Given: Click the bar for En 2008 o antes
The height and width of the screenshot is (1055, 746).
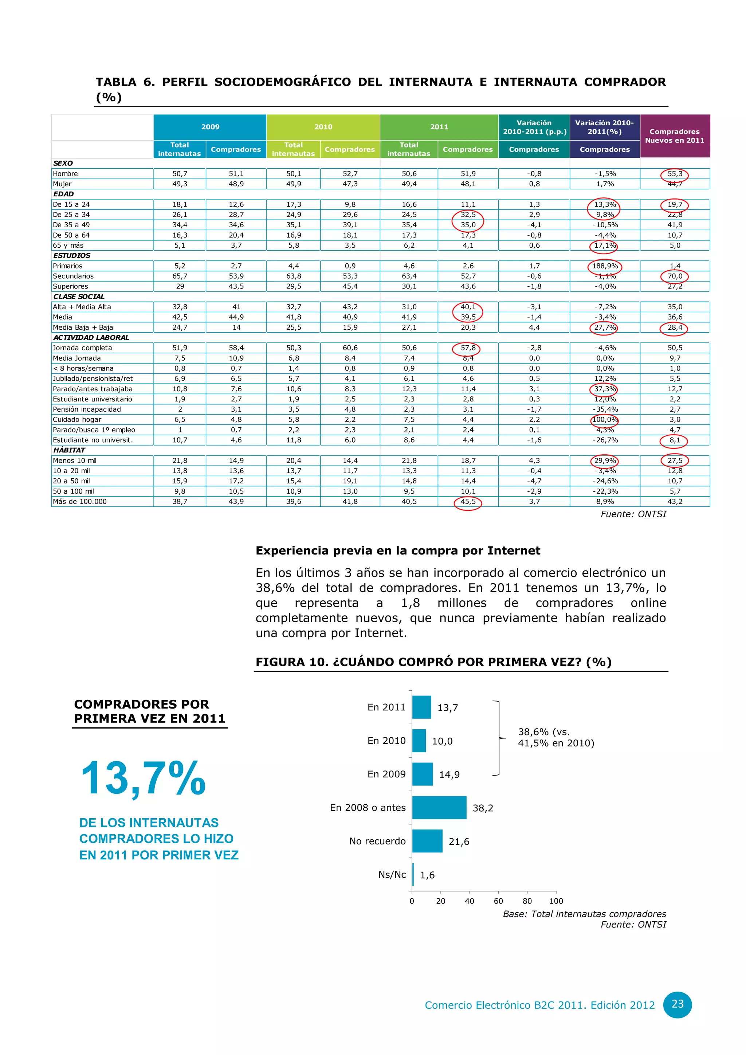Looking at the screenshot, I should [x=439, y=807].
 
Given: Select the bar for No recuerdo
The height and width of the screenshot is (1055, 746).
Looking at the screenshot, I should [x=427, y=841].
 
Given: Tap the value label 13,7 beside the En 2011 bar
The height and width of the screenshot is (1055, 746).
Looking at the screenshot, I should [x=447, y=707].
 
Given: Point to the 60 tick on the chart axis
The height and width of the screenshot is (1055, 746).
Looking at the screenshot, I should [x=498, y=901].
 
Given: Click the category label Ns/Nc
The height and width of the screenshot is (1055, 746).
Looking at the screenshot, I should [x=392, y=874].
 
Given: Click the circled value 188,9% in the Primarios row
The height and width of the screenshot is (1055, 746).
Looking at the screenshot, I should [x=605, y=266].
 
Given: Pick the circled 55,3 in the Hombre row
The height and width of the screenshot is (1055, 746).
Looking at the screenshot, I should [x=674, y=174].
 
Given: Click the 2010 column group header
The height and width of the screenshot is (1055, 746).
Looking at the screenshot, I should [x=323, y=127].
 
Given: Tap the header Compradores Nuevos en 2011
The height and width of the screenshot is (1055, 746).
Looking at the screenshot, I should [x=674, y=136].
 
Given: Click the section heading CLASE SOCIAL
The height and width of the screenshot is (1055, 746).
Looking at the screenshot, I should [x=79, y=297].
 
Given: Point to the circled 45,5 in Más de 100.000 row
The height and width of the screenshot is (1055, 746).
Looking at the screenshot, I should [x=468, y=502].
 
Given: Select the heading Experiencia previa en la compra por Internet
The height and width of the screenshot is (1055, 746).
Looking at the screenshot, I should [x=398, y=550].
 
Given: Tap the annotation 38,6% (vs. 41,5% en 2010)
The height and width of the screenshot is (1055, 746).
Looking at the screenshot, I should [x=556, y=737].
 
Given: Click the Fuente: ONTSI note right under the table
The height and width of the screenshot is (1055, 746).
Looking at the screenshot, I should [x=633, y=514].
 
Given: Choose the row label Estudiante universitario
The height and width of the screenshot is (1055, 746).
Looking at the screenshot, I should [x=92, y=399].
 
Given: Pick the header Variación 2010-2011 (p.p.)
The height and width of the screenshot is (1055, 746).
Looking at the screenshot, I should [x=534, y=127].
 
